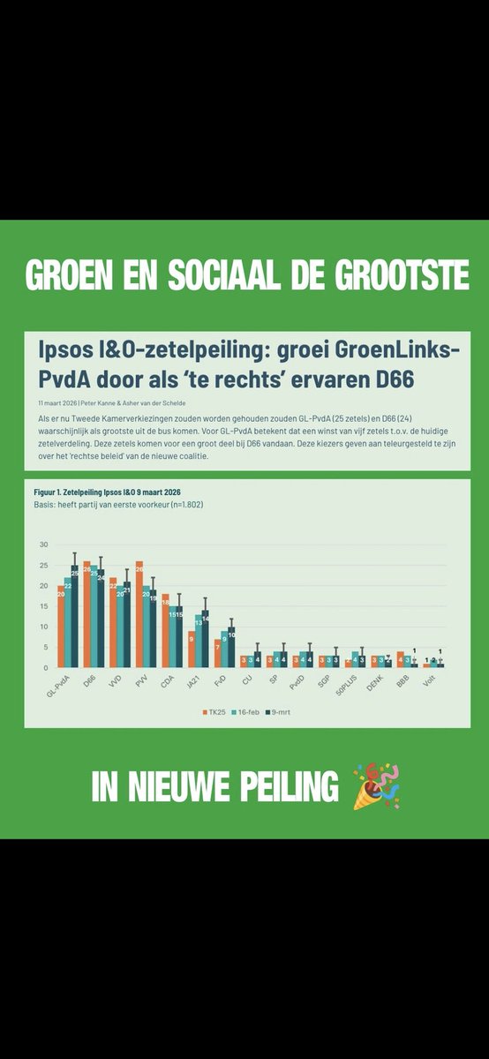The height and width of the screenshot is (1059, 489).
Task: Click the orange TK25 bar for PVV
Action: pos(139,614)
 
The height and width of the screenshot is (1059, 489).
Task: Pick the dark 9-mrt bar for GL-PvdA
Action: pos(75,617)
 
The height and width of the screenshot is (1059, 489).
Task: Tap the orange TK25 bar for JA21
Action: pos(192,650)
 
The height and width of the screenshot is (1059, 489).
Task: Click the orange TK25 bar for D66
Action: pos(87,614)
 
